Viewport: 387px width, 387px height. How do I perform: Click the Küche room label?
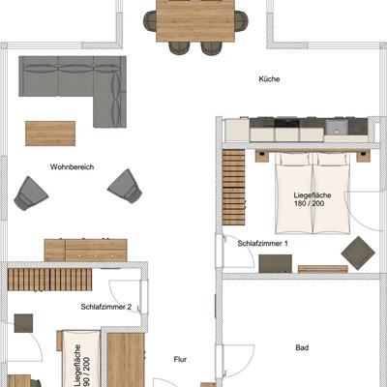[x=269, y=79]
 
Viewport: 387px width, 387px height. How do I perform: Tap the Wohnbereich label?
[x=72, y=167]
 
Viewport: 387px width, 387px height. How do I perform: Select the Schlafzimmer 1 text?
[x=262, y=244]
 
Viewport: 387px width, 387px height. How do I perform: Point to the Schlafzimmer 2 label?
[x=106, y=307]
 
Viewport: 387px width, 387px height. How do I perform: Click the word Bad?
[x=302, y=347]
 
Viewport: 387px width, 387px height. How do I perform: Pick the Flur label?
[x=180, y=359]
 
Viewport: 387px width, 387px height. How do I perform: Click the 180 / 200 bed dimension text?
[x=309, y=203]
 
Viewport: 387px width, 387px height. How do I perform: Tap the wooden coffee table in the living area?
[x=50, y=134]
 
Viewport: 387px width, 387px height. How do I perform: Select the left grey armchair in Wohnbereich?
[x=31, y=193]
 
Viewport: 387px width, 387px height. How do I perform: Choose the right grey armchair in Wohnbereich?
[x=125, y=187]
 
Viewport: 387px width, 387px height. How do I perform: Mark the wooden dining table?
[x=195, y=21]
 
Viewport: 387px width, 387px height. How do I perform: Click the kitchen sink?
[x=337, y=128]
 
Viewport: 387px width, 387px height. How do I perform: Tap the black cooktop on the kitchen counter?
[x=286, y=123]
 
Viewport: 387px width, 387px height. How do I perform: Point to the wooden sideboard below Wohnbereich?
[x=86, y=250]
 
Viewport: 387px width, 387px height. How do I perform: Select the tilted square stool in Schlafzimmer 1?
[x=358, y=252]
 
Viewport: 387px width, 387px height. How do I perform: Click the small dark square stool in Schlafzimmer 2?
[x=23, y=323]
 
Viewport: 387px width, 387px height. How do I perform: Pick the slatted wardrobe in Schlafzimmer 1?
[x=233, y=187]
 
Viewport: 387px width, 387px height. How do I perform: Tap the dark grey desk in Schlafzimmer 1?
[x=276, y=264]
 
